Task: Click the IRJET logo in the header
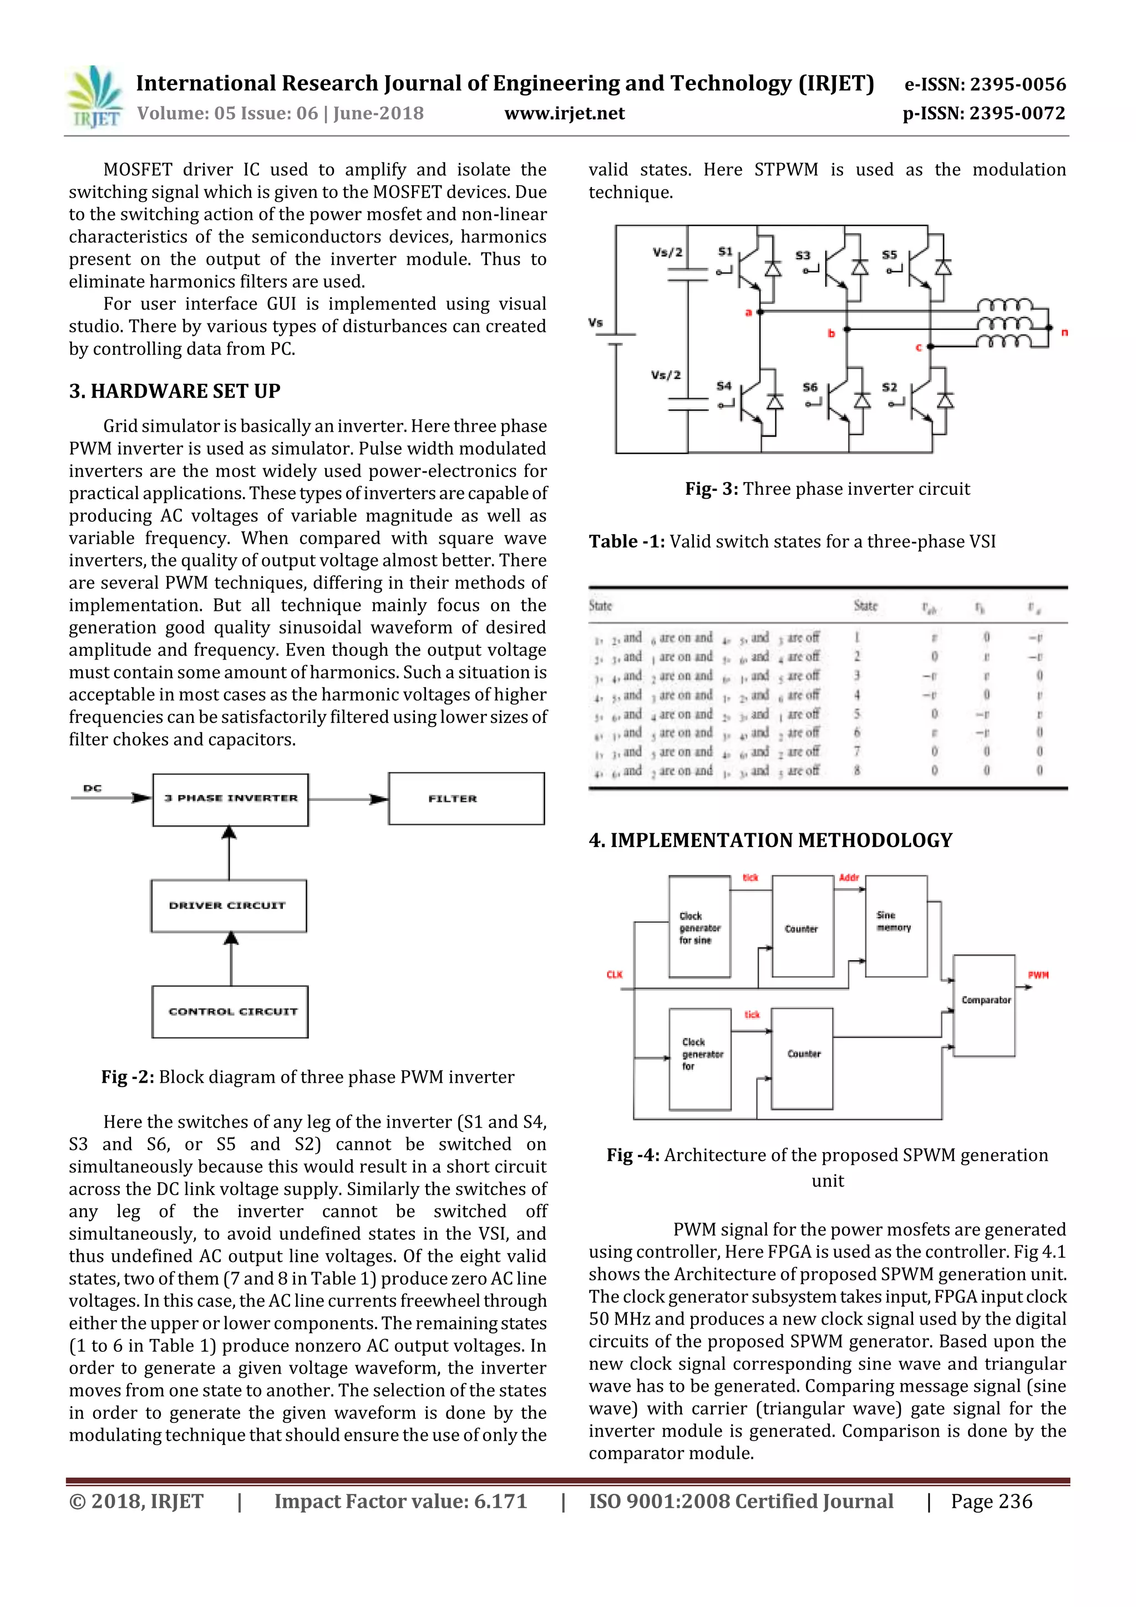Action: point(94,97)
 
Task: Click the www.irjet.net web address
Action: point(564,113)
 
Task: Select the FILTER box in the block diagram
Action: point(466,799)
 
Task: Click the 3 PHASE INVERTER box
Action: point(230,799)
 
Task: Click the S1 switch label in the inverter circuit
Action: point(725,251)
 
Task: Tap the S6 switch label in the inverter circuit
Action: point(810,387)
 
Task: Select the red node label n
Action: point(1064,332)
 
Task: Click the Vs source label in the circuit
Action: point(596,323)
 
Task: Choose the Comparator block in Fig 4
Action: point(984,1005)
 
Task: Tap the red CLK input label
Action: point(614,974)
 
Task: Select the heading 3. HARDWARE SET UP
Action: point(174,391)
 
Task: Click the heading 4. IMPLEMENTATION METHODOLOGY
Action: point(770,840)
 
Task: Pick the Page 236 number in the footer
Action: point(991,1500)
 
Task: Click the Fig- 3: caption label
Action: point(711,489)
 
